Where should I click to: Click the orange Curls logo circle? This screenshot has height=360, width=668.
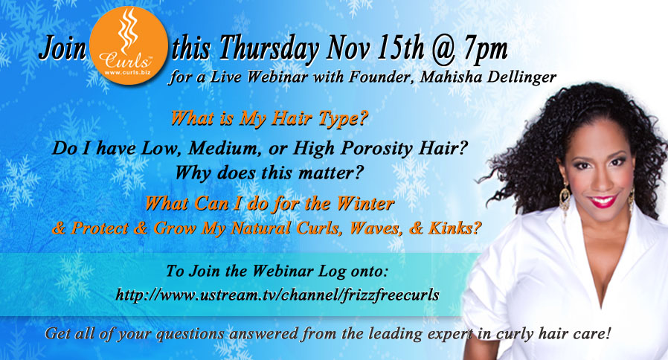(x=129, y=45)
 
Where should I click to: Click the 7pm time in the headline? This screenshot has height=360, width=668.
(x=486, y=49)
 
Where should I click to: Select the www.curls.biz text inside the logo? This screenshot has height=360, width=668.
(x=127, y=72)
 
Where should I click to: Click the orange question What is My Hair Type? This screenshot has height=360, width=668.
(x=269, y=118)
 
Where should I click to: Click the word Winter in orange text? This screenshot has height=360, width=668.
(x=365, y=204)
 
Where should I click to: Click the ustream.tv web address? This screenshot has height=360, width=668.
(x=277, y=295)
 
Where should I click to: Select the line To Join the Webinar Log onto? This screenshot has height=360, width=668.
(x=277, y=271)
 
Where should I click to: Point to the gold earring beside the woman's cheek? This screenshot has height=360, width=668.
(x=565, y=199)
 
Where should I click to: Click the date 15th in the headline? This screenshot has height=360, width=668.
(x=399, y=48)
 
